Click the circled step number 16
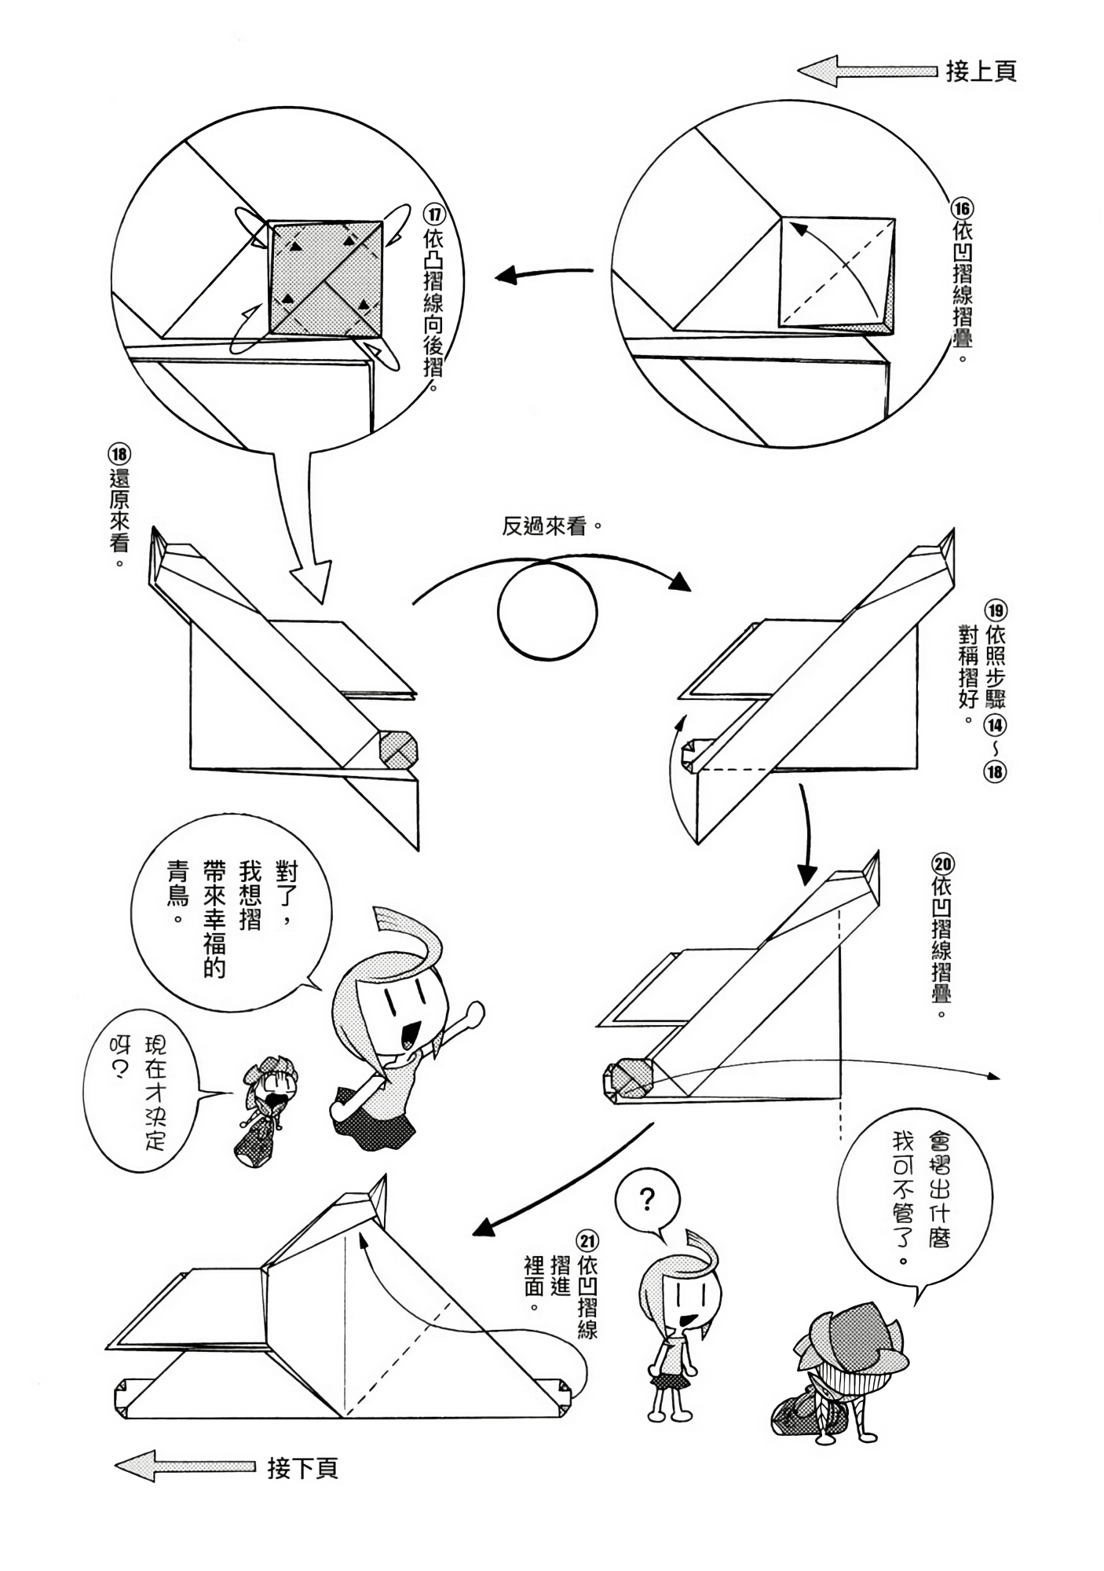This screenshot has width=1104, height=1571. tap(962, 209)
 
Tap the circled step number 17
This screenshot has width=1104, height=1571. tap(433, 214)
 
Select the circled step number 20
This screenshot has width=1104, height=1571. tap(942, 865)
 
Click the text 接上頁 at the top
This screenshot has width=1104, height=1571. tap(981, 71)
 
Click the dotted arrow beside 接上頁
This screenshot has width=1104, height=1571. tap(867, 71)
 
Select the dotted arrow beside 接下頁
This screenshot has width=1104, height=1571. tap(185, 1466)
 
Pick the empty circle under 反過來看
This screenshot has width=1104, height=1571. tap(547, 610)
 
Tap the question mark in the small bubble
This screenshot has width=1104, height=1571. tap(646, 1199)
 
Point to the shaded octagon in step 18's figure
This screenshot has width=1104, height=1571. tap(398, 749)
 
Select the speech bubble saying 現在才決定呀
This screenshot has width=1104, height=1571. tap(141, 1090)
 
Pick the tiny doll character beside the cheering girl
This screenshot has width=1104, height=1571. tap(265, 1115)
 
